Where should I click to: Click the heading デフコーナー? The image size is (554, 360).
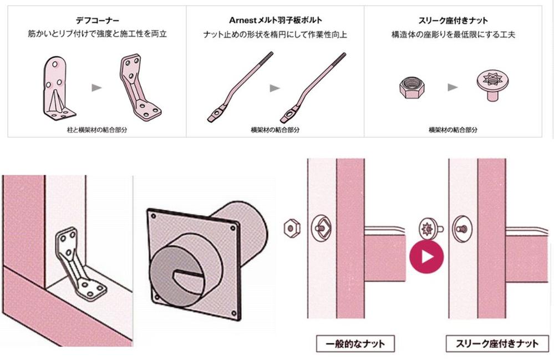[x=97, y=21]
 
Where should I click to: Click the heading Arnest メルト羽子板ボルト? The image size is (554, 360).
[x=275, y=21]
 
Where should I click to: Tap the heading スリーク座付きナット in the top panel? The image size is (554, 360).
[x=453, y=21]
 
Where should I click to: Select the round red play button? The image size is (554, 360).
[x=426, y=257]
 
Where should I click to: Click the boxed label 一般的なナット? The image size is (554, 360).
[x=355, y=344]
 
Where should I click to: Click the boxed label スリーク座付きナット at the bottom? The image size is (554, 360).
[x=497, y=344]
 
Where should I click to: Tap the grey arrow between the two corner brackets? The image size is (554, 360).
[x=96, y=88]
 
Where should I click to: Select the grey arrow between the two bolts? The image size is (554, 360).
[x=275, y=88]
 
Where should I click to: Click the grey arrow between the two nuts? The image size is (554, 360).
[x=453, y=87]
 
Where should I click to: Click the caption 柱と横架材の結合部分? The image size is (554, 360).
[x=97, y=130]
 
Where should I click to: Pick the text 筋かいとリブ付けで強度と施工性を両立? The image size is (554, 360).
[x=97, y=34]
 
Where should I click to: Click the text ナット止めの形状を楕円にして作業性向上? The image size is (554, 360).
[x=275, y=34]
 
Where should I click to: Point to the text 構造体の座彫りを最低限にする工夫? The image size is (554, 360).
[x=453, y=34]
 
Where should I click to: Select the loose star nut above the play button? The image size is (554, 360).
[x=430, y=230]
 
